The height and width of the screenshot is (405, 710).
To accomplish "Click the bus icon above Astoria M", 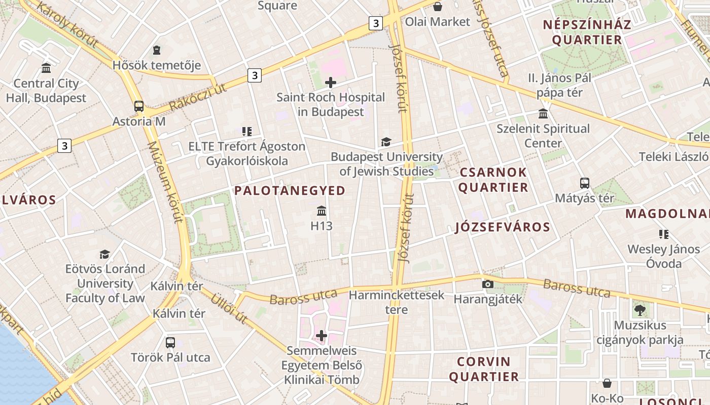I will coord(138,106).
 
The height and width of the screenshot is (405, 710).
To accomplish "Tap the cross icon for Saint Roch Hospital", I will coord(331,82).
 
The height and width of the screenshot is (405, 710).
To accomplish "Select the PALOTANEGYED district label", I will coord(290,191).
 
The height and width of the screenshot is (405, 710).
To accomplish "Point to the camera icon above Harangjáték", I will coord(488,284).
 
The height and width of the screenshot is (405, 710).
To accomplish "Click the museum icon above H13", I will coord(322,211).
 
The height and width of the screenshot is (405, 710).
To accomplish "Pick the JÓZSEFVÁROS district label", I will coord(502,227).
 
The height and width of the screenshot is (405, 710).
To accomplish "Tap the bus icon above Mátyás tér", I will coord(584,183).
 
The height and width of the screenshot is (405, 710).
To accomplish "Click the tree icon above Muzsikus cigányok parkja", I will coord(639,310).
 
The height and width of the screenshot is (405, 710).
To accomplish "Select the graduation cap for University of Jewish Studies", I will coord(386,142).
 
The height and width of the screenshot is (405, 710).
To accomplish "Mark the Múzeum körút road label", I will coord(165,182).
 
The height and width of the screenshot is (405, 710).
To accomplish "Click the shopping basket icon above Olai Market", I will coord(437,7).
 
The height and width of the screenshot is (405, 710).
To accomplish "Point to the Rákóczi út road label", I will coord(197,98).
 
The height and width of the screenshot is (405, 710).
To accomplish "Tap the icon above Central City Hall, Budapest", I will coord(46,68).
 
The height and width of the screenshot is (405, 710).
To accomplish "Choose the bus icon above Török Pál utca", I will coord(170,342).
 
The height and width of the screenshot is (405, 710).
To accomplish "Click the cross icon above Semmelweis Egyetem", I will coord(322,336).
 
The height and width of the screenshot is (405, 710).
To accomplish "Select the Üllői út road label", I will coord(230,308).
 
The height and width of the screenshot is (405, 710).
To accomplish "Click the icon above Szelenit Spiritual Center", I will coord(543,113).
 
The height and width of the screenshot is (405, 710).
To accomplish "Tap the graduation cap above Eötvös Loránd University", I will coord(104,254).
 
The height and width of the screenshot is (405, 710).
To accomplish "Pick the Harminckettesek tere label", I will coord(396,302).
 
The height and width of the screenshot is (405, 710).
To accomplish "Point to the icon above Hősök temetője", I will coord(157,50).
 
